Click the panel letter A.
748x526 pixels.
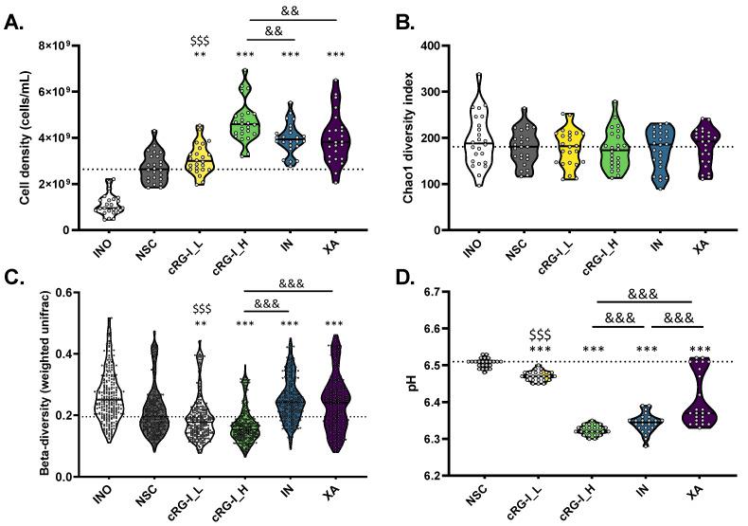click(x=15, y=23)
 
